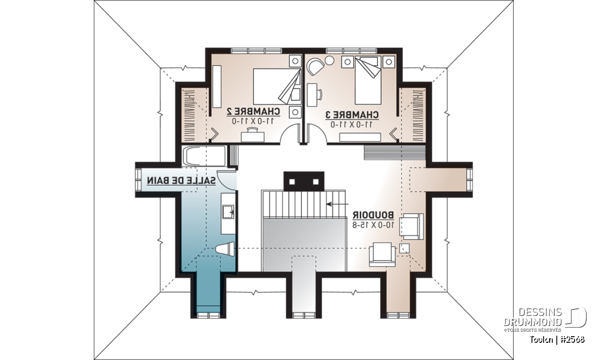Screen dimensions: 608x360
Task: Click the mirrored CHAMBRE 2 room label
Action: pyautogui.click(x=253, y=111)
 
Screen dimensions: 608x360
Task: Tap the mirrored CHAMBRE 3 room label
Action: pyautogui.click(x=352, y=115)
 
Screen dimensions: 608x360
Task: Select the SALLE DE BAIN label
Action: pyautogui.click(x=181, y=180)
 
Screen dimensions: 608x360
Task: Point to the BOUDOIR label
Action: pyautogui.click(x=373, y=215)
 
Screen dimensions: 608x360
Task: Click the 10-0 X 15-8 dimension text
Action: pyautogui.click(x=373, y=225)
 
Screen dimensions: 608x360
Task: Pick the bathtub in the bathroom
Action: pyautogui.click(x=204, y=156)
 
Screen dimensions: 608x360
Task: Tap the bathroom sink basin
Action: pyautogui.click(x=228, y=212)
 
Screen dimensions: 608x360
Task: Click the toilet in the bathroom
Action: pyautogui.click(x=225, y=249)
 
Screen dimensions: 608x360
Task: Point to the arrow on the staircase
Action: pyautogui.click(x=337, y=204)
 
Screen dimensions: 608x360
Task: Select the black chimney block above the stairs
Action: pyautogui.click(x=303, y=181)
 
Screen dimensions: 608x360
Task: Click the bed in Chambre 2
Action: pyautogui.click(x=277, y=86)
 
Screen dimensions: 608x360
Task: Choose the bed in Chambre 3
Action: pyautogui.click(x=368, y=81)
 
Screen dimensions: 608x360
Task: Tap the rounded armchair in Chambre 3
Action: pyautogui.click(x=315, y=66)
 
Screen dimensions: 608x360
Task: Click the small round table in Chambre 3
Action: pyautogui.click(x=329, y=60)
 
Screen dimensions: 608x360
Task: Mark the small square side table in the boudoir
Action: pyautogui.click(x=404, y=248)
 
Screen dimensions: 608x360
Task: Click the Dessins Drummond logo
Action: pyautogui.click(x=545, y=319)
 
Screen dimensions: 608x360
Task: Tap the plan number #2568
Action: pyautogui.click(x=572, y=339)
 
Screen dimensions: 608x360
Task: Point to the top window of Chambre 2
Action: pyautogui.click(x=256, y=51)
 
